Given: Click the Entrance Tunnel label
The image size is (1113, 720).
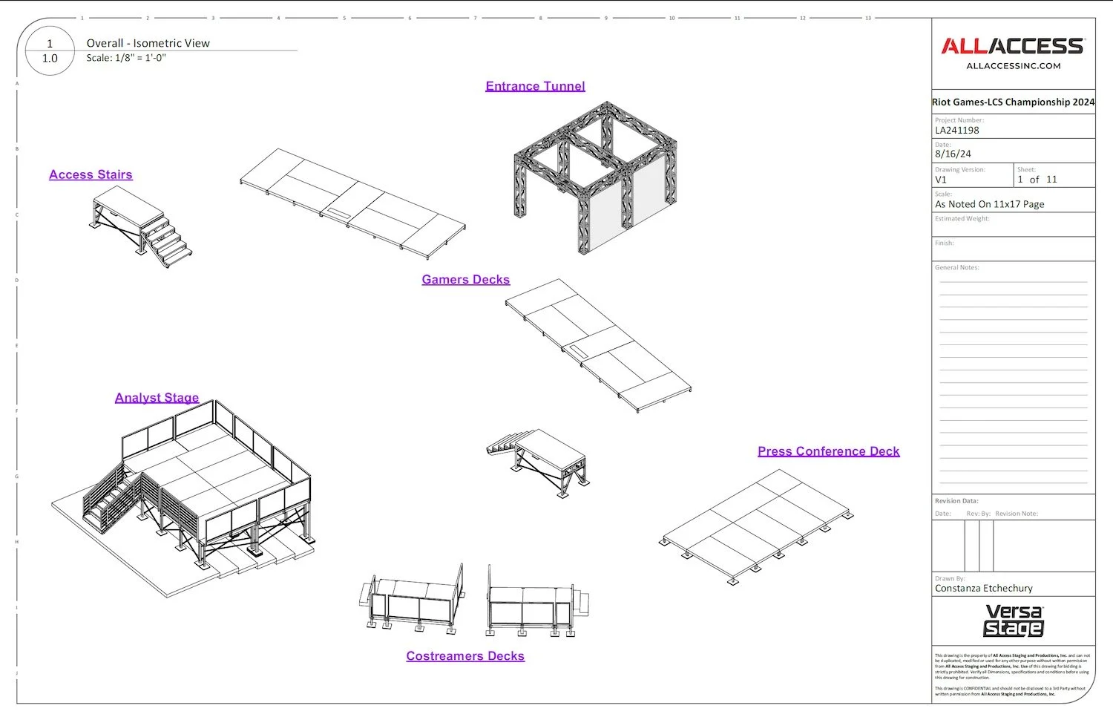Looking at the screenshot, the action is [x=535, y=86].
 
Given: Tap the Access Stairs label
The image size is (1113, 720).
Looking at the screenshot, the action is [x=91, y=174].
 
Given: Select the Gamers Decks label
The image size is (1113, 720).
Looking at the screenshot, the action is [x=465, y=280].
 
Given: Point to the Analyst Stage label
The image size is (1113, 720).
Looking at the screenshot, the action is [x=157, y=398].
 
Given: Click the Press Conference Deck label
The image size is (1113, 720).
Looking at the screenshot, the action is [x=828, y=451].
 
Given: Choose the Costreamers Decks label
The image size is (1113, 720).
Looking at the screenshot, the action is [x=465, y=656].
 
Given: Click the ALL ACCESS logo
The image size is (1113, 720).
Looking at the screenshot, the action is [x=1013, y=47].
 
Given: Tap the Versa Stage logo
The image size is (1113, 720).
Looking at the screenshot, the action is [x=1014, y=621].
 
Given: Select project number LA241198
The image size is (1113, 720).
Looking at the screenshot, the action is [x=957, y=131].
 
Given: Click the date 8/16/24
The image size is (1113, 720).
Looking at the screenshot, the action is [x=953, y=154].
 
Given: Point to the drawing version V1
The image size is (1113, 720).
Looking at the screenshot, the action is [x=941, y=180].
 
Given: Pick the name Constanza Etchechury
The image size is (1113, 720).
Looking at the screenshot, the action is [x=983, y=589].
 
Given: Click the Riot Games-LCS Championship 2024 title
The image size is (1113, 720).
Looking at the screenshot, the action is [x=1013, y=102].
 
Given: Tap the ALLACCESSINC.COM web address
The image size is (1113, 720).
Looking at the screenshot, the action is [x=1013, y=66].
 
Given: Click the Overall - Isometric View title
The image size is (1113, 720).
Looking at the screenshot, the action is [x=148, y=43].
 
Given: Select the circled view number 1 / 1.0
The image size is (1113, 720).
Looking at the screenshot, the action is [x=50, y=51].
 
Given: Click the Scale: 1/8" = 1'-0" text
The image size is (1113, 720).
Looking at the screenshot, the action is [x=126, y=58].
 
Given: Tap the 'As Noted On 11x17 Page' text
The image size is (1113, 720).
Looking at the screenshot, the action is [x=989, y=204].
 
